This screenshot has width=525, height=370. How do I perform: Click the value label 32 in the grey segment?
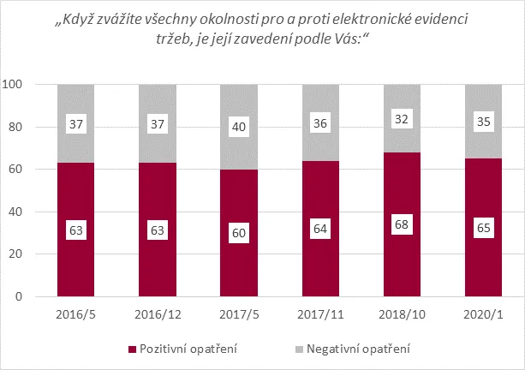click(401, 119)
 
